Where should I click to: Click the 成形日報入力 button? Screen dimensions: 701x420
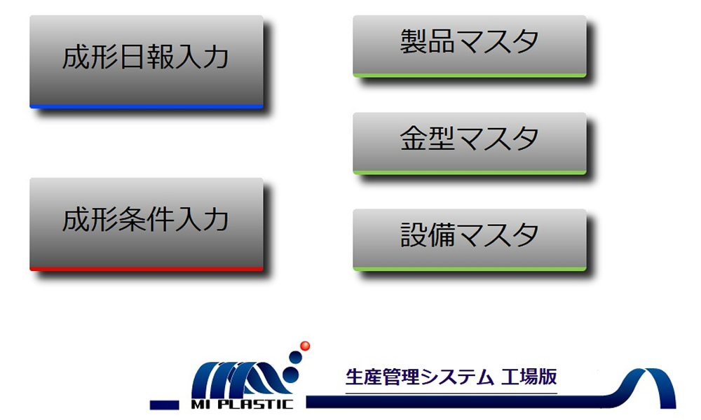coord(147,62)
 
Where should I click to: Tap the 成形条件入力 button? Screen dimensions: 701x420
coord(147,224)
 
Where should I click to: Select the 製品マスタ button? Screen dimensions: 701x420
coord(470,46)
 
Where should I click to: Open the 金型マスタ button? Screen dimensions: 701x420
coord(470,143)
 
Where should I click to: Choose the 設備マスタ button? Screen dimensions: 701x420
coord(470,239)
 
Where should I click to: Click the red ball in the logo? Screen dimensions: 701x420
coord(306,346)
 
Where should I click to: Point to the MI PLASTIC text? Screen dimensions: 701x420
coord(242,405)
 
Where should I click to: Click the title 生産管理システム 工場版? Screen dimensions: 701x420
coord(451,377)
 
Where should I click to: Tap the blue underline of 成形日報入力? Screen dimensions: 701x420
coord(147,106)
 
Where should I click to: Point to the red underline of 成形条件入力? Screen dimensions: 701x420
coord(147,269)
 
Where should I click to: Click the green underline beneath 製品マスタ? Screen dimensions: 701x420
coord(470,76)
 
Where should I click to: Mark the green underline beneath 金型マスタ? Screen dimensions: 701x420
coord(470,173)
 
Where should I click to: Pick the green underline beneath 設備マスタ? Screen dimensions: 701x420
coord(470,269)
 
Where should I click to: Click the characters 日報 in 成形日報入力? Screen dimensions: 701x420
coord(147,57)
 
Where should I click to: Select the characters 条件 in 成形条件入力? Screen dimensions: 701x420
coord(147,220)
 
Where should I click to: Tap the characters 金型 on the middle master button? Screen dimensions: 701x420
coord(427,138)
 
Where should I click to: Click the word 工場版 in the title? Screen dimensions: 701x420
coord(529,377)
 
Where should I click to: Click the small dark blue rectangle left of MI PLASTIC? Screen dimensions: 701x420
coord(165,405)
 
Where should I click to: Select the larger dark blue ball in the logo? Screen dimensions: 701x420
coord(295,358)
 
